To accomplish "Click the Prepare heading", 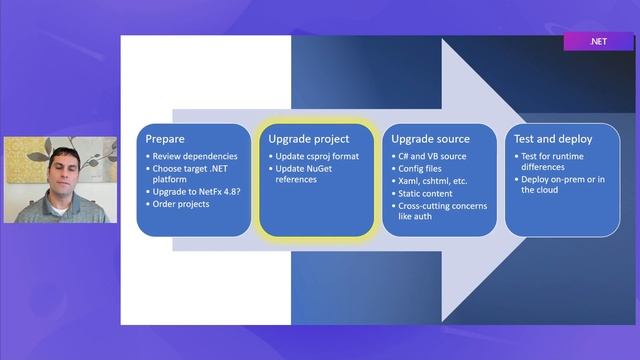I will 166,139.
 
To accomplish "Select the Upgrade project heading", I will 309,139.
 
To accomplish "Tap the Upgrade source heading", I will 430,139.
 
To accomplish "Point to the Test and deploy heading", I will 553,139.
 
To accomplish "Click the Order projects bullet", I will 180,206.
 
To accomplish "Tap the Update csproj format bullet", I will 316,156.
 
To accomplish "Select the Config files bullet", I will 424,169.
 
